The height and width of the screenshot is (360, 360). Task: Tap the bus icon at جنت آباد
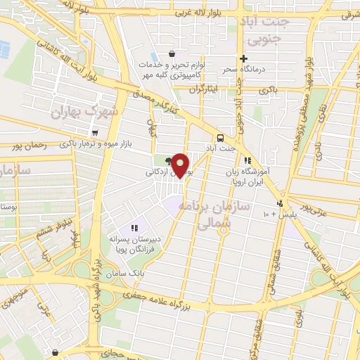click(x=220, y=138)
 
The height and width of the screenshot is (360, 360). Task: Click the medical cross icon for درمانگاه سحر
click(x=243, y=58)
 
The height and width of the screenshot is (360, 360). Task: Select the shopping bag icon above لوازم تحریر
click(x=172, y=53)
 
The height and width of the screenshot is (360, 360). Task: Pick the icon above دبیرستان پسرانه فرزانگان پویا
click(x=134, y=227)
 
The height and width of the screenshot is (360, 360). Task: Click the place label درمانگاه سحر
click(x=260, y=70)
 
